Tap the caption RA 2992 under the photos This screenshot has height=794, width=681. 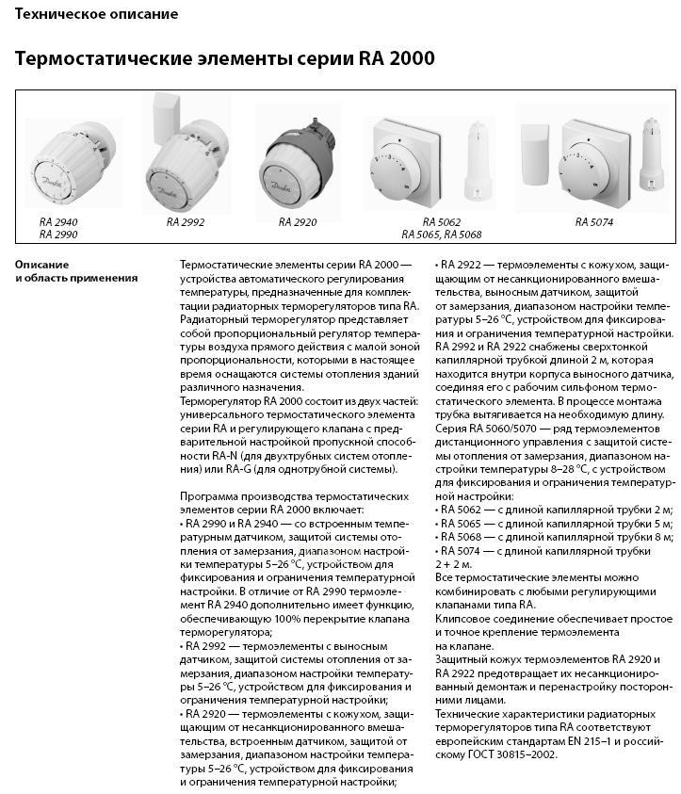point(185,222)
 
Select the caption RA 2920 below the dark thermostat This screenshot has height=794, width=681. point(297,222)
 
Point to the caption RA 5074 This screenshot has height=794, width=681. point(594,222)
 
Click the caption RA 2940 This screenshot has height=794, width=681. point(58,220)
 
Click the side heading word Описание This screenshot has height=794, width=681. point(41,265)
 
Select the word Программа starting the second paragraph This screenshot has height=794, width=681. point(208,495)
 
